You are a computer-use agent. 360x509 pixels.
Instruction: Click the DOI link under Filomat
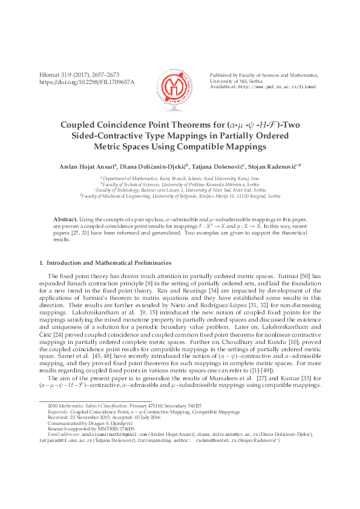pos(87,82)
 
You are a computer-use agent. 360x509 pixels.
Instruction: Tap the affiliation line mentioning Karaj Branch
pos(180,180)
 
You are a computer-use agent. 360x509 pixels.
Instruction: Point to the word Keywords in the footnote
pos(57,412)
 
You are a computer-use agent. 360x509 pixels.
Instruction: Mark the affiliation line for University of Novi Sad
pos(180,190)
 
